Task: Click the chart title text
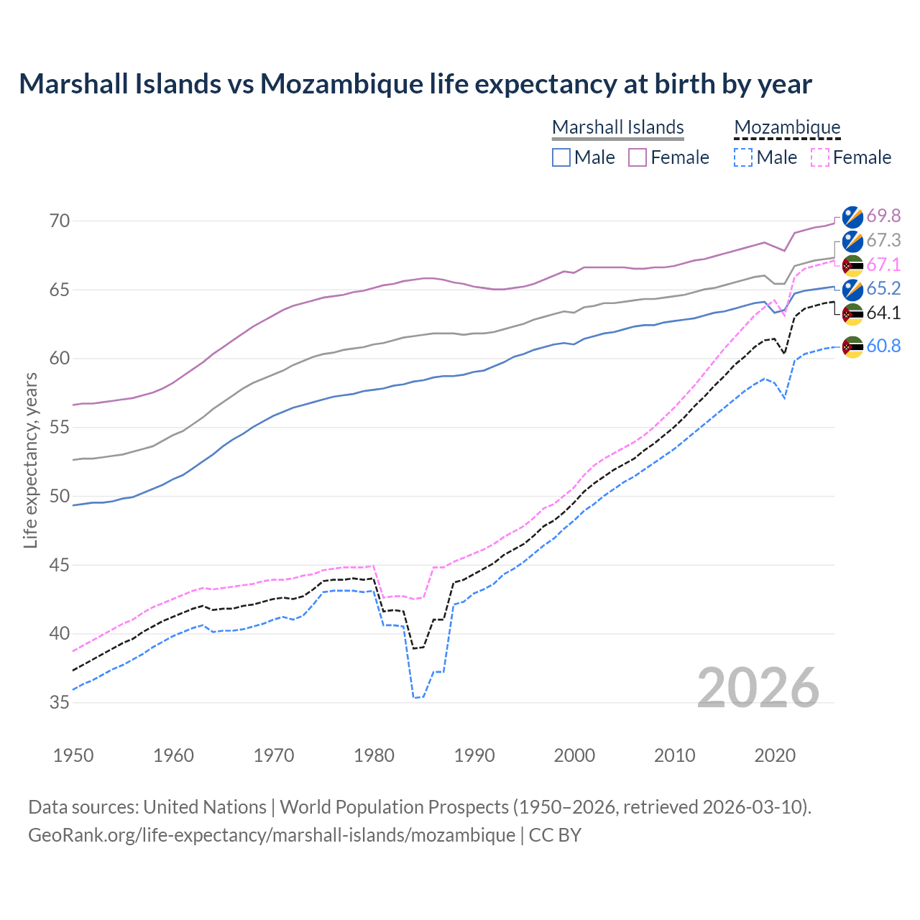[x=415, y=84]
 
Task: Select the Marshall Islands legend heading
[x=617, y=127]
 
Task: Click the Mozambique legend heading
[x=787, y=127]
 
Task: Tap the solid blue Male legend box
[x=561, y=157]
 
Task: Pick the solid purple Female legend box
[x=638, y=157]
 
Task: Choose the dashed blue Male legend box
[x=743, y=157]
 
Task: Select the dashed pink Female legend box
[x=820, y=157]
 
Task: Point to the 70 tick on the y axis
[x=60, y=221]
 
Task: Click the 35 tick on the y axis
[x=60, y=702]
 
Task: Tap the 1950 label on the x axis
[x=73, y=755]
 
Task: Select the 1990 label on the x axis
[x=474, y=755]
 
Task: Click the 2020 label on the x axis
[x=775, y=755]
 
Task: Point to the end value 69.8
[x=883, y=216]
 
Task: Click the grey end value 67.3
[x=883, y=240]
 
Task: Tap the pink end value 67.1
[x=883, y=264]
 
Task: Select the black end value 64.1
[x=883, y=313]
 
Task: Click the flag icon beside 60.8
[x=852, y=346]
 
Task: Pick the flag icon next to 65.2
[x=852, y=289]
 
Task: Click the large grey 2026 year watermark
[x=758, y=688]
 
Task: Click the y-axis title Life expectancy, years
[x=30, y=460]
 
